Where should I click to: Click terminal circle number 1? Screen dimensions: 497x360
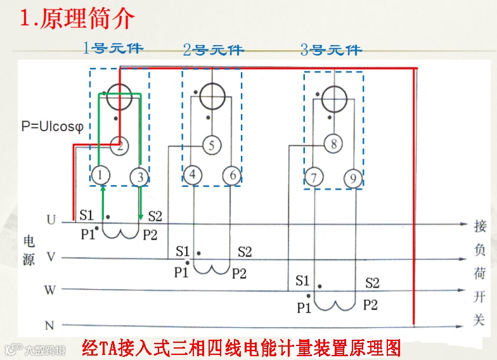coord(101,176)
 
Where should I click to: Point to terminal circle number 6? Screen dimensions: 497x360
coord(232,176)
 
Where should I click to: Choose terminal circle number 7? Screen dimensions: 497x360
coord(313,177)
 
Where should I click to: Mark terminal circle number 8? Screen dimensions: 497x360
coord(333,144)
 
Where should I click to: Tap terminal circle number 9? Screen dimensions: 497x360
coord(353,178)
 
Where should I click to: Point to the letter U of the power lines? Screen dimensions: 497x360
coord(51,220)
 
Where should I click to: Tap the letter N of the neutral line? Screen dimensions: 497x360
coord(49,326)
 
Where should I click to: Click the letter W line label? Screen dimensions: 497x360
coord(50,290)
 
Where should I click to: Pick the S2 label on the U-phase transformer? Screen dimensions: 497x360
coord(155,216)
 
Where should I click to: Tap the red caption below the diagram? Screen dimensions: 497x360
coord(242,348)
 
